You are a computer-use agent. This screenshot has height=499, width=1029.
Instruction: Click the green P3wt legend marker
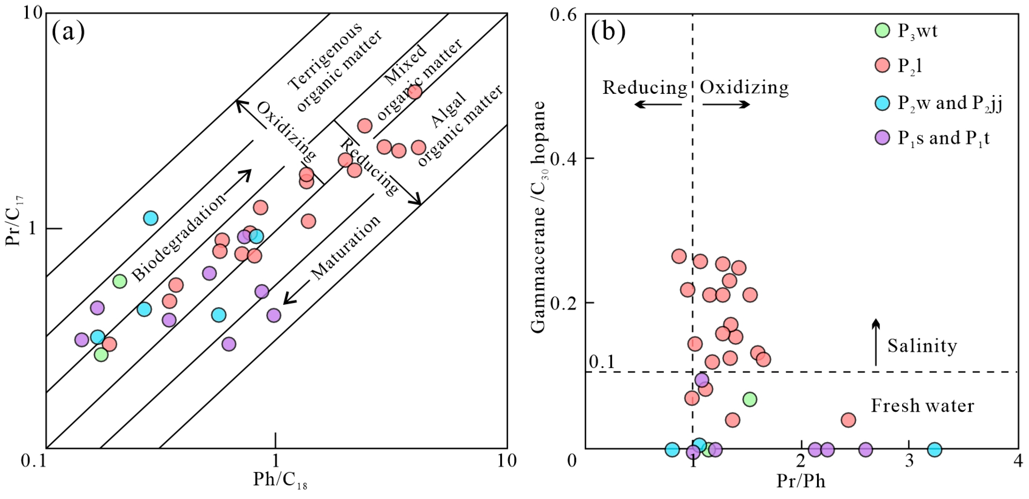point(882,30)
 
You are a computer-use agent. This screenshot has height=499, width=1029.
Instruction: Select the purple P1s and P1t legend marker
point(882,138)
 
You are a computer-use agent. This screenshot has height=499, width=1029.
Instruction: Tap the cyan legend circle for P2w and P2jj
point(882,103)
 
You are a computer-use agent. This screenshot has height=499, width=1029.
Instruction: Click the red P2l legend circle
point(882,65)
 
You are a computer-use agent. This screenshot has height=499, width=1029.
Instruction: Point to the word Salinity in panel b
point(922,346)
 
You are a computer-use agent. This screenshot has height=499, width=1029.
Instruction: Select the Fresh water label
point(922,406)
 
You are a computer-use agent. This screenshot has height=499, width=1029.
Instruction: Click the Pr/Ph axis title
point(801,481)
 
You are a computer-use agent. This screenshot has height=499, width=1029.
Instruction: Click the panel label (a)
point(68,32)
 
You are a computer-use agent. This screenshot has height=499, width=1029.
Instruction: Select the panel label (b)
point(608,32)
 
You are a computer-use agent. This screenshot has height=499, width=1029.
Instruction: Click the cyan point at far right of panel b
point(934,450)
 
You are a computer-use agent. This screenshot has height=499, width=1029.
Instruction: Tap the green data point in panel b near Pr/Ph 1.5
point(750,399)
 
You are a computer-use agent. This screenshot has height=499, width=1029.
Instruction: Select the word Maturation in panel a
point(346,247)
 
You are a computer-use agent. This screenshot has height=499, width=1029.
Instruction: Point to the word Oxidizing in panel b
point(744,87)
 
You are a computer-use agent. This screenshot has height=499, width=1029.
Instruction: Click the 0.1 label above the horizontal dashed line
point(602,362)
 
